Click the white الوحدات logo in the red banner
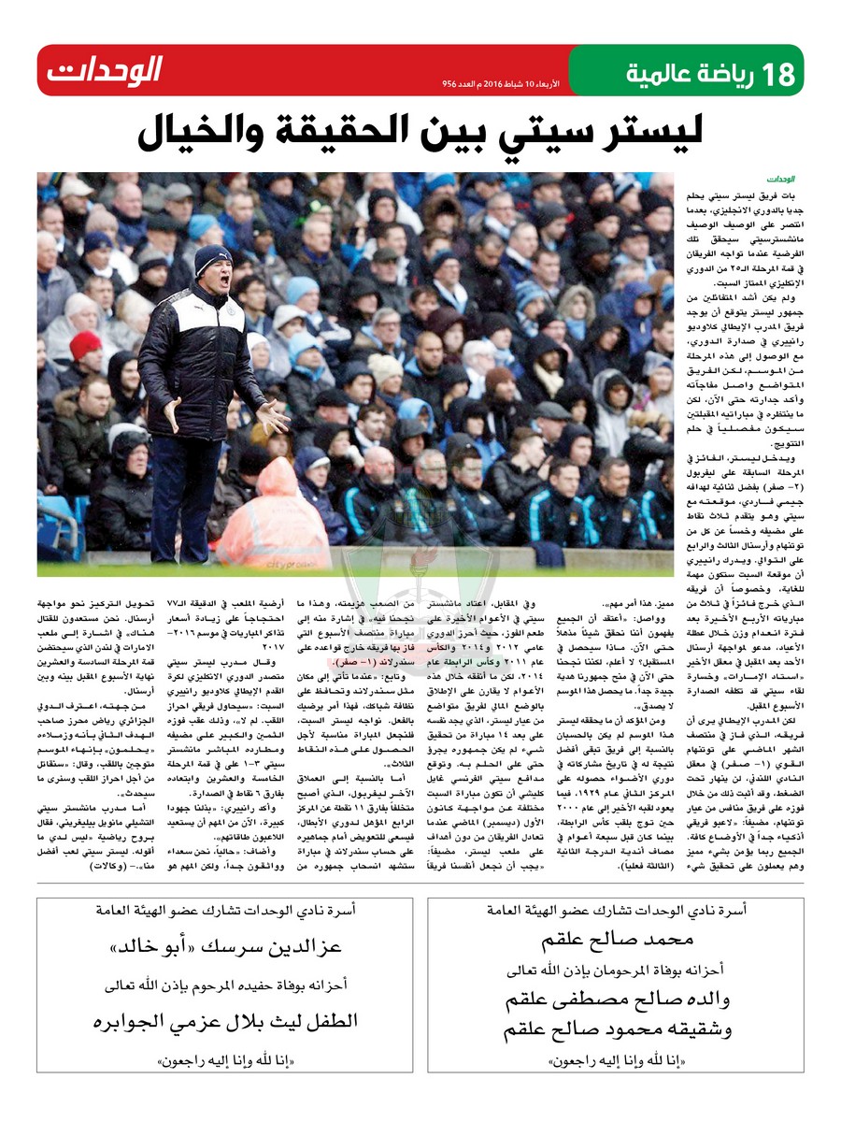[104, 70]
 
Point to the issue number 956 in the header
[453, 84]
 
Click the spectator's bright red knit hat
[86, 345]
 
